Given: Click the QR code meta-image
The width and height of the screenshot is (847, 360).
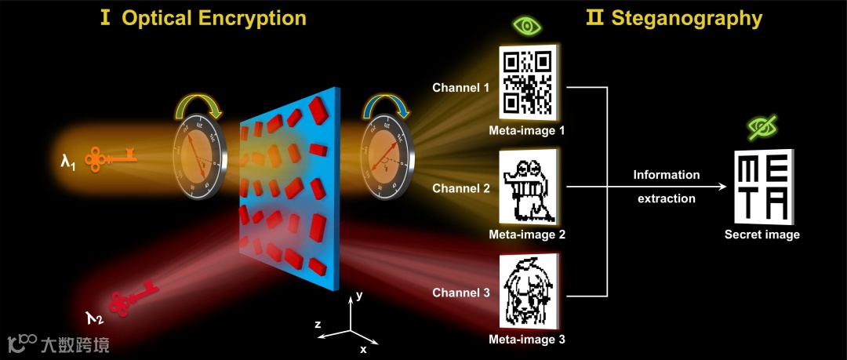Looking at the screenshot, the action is (529, 80).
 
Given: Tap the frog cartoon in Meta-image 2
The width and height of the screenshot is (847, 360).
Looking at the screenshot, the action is (529, 189).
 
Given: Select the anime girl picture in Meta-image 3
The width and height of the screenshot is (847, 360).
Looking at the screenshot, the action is (529, 291).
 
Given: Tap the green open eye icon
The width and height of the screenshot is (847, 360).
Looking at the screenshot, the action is (528, 27).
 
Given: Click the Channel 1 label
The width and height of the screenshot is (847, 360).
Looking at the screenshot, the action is (461, 87).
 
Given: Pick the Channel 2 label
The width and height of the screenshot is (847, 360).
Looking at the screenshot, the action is (461, 188).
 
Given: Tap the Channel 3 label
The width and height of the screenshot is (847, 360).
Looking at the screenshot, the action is (461, 293).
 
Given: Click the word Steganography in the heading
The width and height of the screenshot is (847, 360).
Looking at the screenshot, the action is (687, 18).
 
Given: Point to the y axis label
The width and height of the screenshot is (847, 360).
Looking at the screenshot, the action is (358, 296).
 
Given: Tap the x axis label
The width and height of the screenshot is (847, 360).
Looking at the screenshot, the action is (363, 347).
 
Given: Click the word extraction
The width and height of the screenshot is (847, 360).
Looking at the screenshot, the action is (666, 198).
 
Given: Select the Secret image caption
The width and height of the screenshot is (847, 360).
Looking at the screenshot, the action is (762, 235).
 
